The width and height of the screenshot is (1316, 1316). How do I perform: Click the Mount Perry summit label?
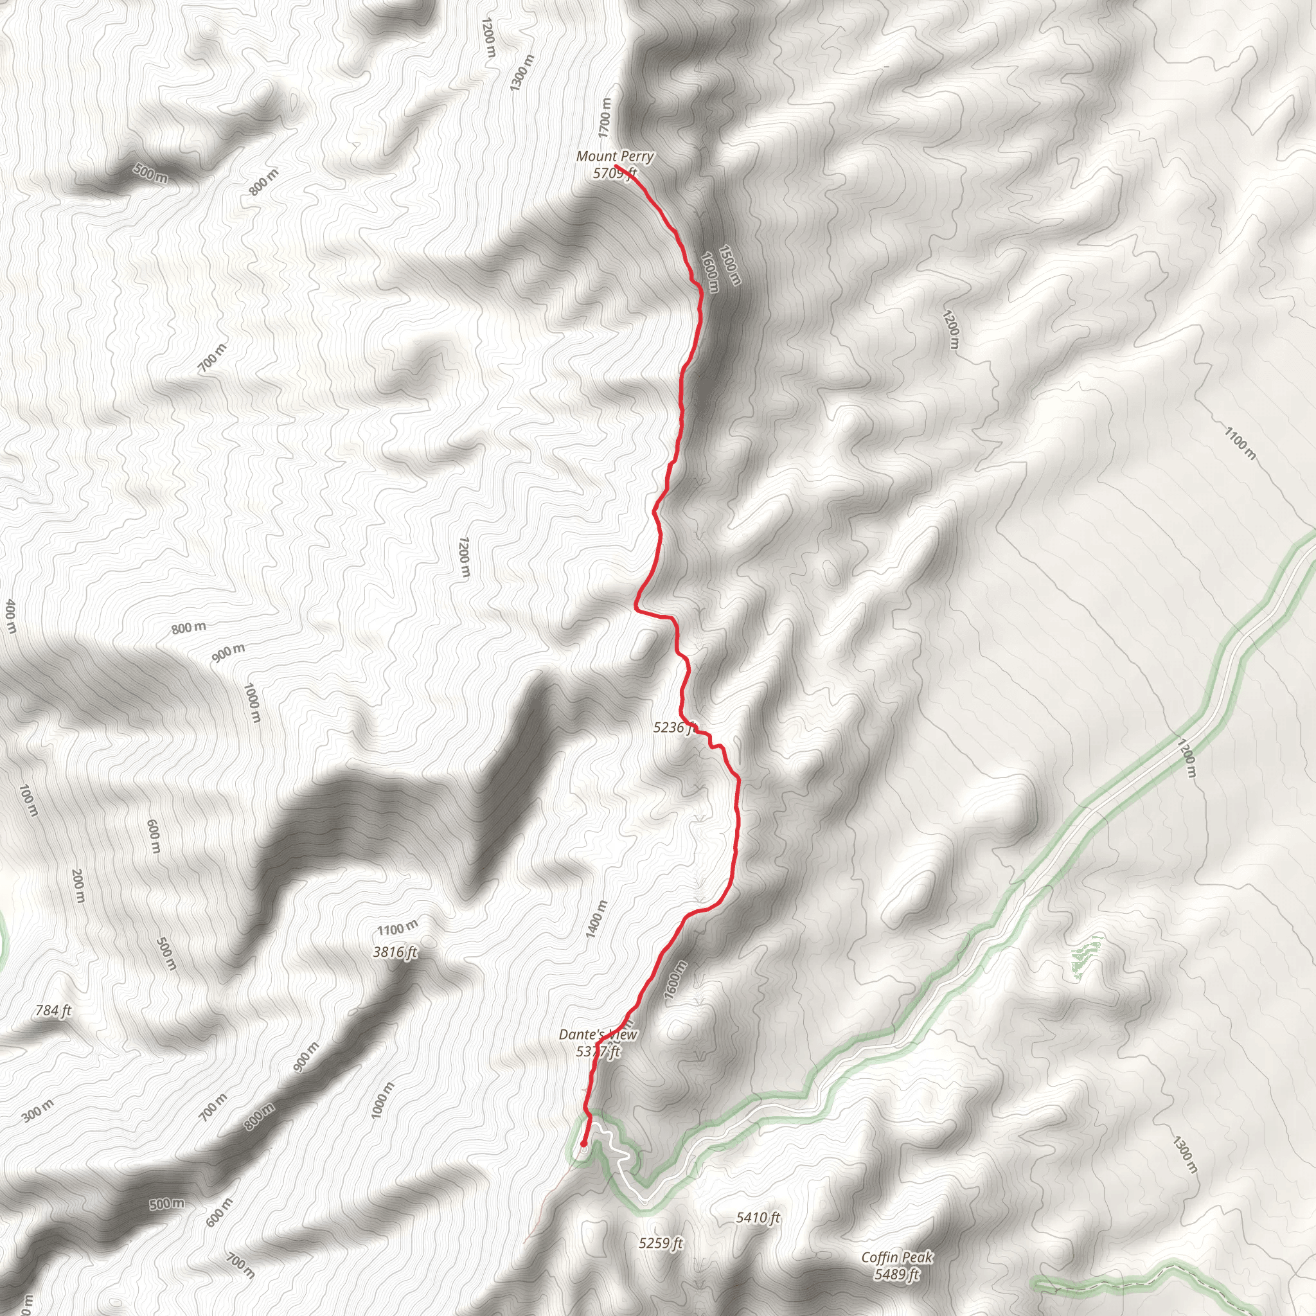[x=614, y=157]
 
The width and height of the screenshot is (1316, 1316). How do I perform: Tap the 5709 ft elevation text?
[x=614, y=173]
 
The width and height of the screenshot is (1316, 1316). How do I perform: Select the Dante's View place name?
[x=598, y=1035]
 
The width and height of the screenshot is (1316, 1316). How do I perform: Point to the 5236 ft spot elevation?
[x=673, y=727]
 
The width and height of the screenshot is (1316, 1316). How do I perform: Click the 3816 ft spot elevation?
[x=395, y=952]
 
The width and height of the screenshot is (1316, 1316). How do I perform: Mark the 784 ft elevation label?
[x=53, y=1011]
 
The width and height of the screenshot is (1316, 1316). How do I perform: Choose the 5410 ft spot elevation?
[x=758, y=1217]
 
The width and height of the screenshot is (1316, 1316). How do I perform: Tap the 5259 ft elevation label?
[x=661, y=1243]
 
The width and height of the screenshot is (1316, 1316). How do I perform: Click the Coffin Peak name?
[x=897, y=1258]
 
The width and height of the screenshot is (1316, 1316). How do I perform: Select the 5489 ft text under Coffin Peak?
[x=897, y=1274]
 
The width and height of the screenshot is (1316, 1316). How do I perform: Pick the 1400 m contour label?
[x=596, y=919]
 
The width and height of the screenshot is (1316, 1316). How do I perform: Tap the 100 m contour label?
[x=28, y=801]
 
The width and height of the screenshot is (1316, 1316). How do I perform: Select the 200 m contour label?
[x=78, y=886]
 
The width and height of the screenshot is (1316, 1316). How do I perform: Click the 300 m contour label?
[x=37, y=1111]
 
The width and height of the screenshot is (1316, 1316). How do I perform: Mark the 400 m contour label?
[x=10, y=616]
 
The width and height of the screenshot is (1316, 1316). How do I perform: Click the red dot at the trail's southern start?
[x=583, y=1144]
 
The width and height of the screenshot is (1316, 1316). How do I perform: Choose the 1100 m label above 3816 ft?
[x=398, y=928]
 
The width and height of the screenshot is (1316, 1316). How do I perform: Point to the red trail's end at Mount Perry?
[x=616, y=166]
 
